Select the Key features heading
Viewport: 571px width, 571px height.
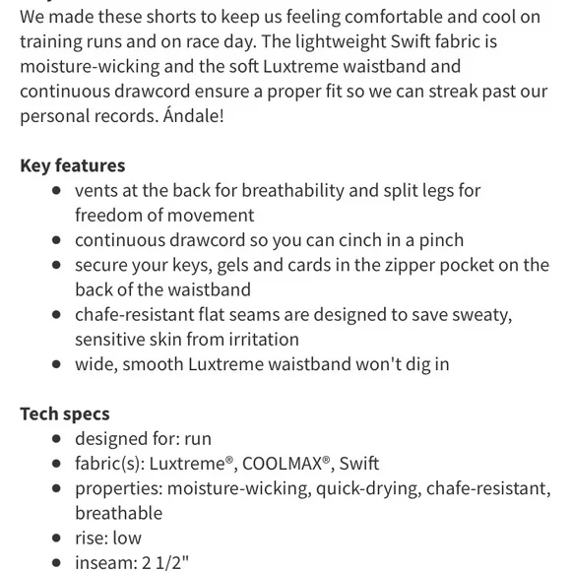tap(72, 165)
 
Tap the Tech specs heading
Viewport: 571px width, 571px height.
tap(64, 413)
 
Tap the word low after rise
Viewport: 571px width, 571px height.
tap(127, 538)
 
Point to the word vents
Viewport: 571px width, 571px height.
tap(97, 190)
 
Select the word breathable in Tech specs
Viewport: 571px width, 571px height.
tap(118, 513)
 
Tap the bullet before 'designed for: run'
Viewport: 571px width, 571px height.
tap(57, 439)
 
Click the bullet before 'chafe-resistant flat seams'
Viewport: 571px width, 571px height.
tap(57, 315)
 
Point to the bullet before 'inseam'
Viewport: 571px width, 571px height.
tap(57, 563)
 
